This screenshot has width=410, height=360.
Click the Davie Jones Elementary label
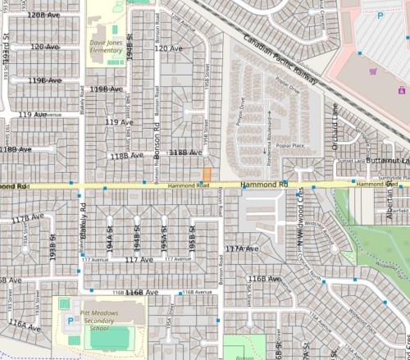106,44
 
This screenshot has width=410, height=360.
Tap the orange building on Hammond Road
207,175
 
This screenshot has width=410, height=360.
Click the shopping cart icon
374,71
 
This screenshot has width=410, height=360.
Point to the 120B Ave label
45,16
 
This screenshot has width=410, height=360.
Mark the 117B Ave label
26,218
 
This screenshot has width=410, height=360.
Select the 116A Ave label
25,326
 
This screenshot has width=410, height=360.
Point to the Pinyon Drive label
242,106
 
